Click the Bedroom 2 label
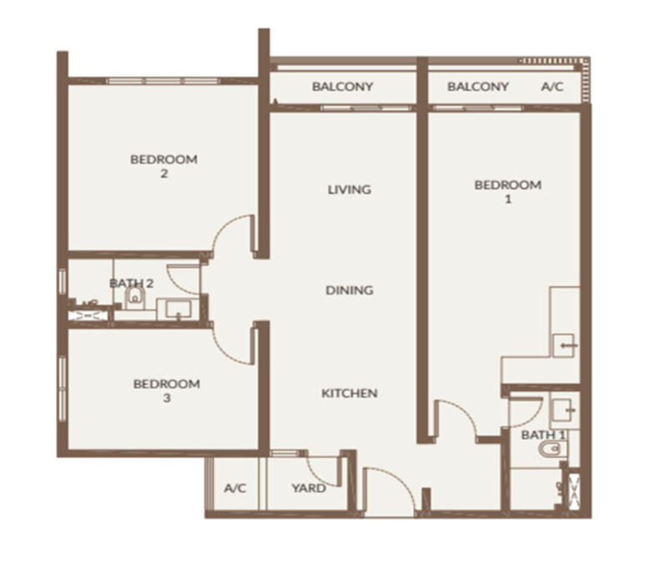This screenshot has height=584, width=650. point(164,166)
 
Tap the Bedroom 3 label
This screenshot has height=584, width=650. point(167,390)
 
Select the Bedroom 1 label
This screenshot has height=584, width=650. point(508,191)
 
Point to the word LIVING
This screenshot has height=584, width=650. point(350,190)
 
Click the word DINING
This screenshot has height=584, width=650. point(350,290)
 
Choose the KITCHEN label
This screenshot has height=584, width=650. point(350,393)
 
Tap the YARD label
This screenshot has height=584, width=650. point(309,488)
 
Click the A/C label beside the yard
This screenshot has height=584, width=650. point(235,488)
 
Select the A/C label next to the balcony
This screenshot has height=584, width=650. point(552,87)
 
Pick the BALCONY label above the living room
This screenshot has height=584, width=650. point(342,87)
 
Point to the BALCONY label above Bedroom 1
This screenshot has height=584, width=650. point(478,87)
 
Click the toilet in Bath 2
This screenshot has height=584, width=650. point(134,297)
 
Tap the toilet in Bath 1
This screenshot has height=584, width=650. point(550,449)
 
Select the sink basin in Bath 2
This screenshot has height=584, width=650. point(179,310)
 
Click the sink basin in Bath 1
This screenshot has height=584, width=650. point(563,410)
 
